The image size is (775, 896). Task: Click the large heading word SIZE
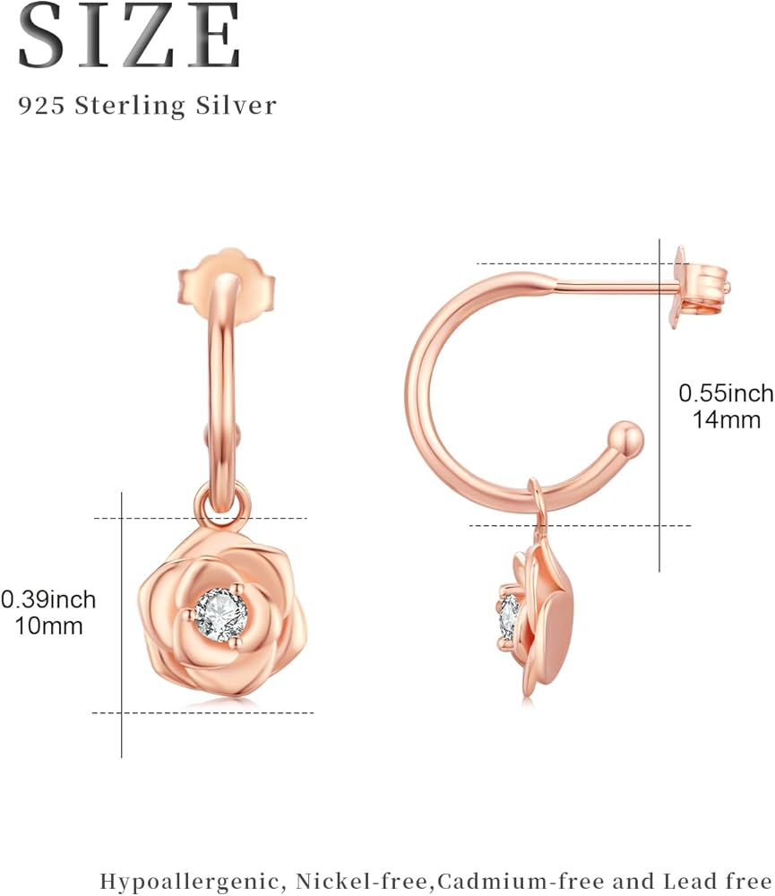point(129,36)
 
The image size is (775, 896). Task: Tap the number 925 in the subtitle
point(41,106)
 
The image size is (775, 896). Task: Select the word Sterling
point(130,107)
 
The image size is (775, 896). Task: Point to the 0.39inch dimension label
point(48,599)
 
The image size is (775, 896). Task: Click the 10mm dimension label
point(48,625)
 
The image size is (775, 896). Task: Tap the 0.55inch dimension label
point(726,393)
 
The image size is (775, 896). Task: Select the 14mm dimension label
point(727,420)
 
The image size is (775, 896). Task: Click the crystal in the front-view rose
point(220,615)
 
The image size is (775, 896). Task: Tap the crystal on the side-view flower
point(509,617)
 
